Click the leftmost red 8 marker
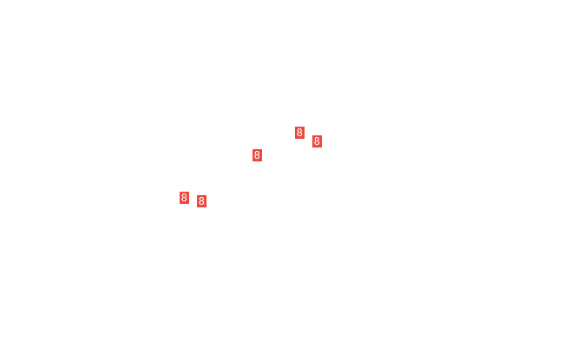coord(184,198)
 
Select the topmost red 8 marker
coord(299,133)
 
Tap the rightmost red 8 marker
coord(317,141)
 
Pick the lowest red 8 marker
coord(202,201)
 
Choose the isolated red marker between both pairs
coord(257,155)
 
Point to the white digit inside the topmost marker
coord(299,133)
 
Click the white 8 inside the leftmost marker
coord(184,198)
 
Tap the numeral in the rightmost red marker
coord(317,141)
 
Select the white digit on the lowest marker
coord(202,201)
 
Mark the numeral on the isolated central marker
coord(257,155)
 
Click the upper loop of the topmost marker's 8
coord(299,131)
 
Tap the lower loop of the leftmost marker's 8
coord(184,200)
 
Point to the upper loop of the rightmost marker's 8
coord(317,140)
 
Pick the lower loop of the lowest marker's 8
coord(202,203)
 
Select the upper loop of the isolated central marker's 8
coord(257,154)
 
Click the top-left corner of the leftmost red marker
coord(180,192)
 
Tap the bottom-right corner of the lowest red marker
coord(207,207)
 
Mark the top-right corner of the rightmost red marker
coord(322,135)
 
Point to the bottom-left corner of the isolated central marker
coord(252,161)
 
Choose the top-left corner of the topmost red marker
coord(295,127)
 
